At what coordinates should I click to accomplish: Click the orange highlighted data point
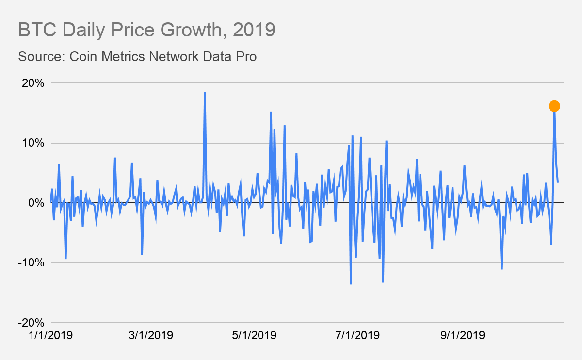(x=554, y=106)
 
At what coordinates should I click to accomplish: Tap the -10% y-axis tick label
(x=32, y=262)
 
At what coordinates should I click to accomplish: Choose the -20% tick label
(x=32, y=323)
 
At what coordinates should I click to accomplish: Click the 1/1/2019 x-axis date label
(x=51, y=335)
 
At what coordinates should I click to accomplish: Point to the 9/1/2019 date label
(x=462, y=335)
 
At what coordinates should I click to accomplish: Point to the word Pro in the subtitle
(x=245, y=56)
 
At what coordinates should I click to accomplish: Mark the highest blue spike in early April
(x=205, y=93)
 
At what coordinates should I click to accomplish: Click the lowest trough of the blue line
(x=351, y=283)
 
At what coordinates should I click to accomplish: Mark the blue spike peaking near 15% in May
(x=271, y=113)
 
